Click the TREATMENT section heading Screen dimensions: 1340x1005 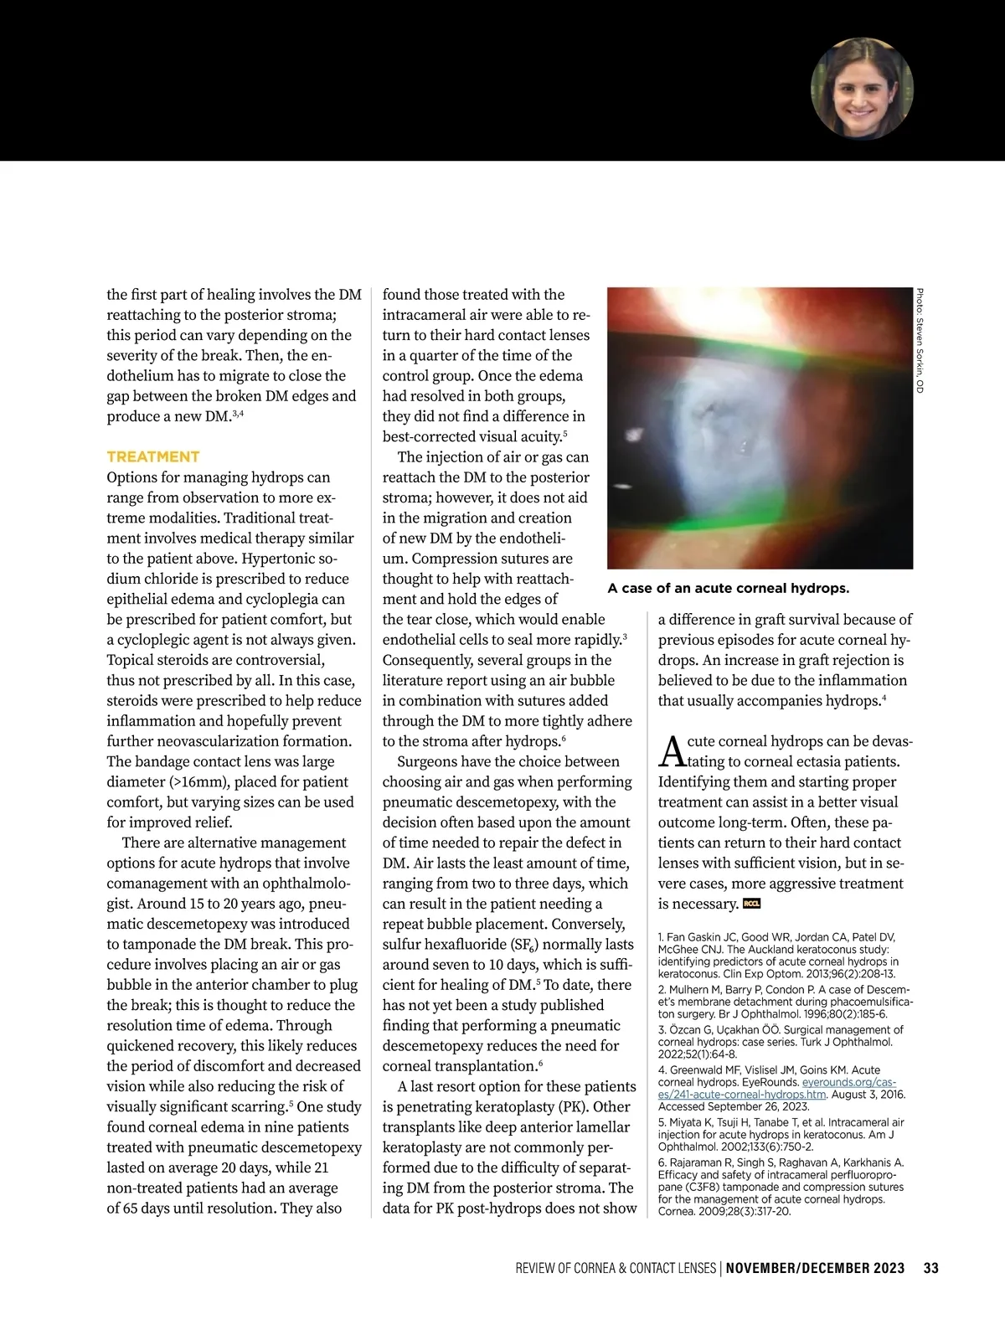point(153,456)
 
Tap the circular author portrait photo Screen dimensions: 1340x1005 point(862,88)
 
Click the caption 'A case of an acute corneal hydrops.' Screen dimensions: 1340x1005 point(728,588)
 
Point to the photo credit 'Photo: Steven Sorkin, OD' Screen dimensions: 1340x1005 point(920,341)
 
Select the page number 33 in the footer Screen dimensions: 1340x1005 point(930,1268)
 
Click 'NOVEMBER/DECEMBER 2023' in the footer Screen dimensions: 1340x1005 point(815,1268)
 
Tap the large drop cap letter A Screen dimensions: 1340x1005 point(673,751)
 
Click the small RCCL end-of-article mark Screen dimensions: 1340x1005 point(751,904)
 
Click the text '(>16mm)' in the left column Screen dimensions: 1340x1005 point(197,781)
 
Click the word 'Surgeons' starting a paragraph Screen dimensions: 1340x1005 point(427,761)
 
